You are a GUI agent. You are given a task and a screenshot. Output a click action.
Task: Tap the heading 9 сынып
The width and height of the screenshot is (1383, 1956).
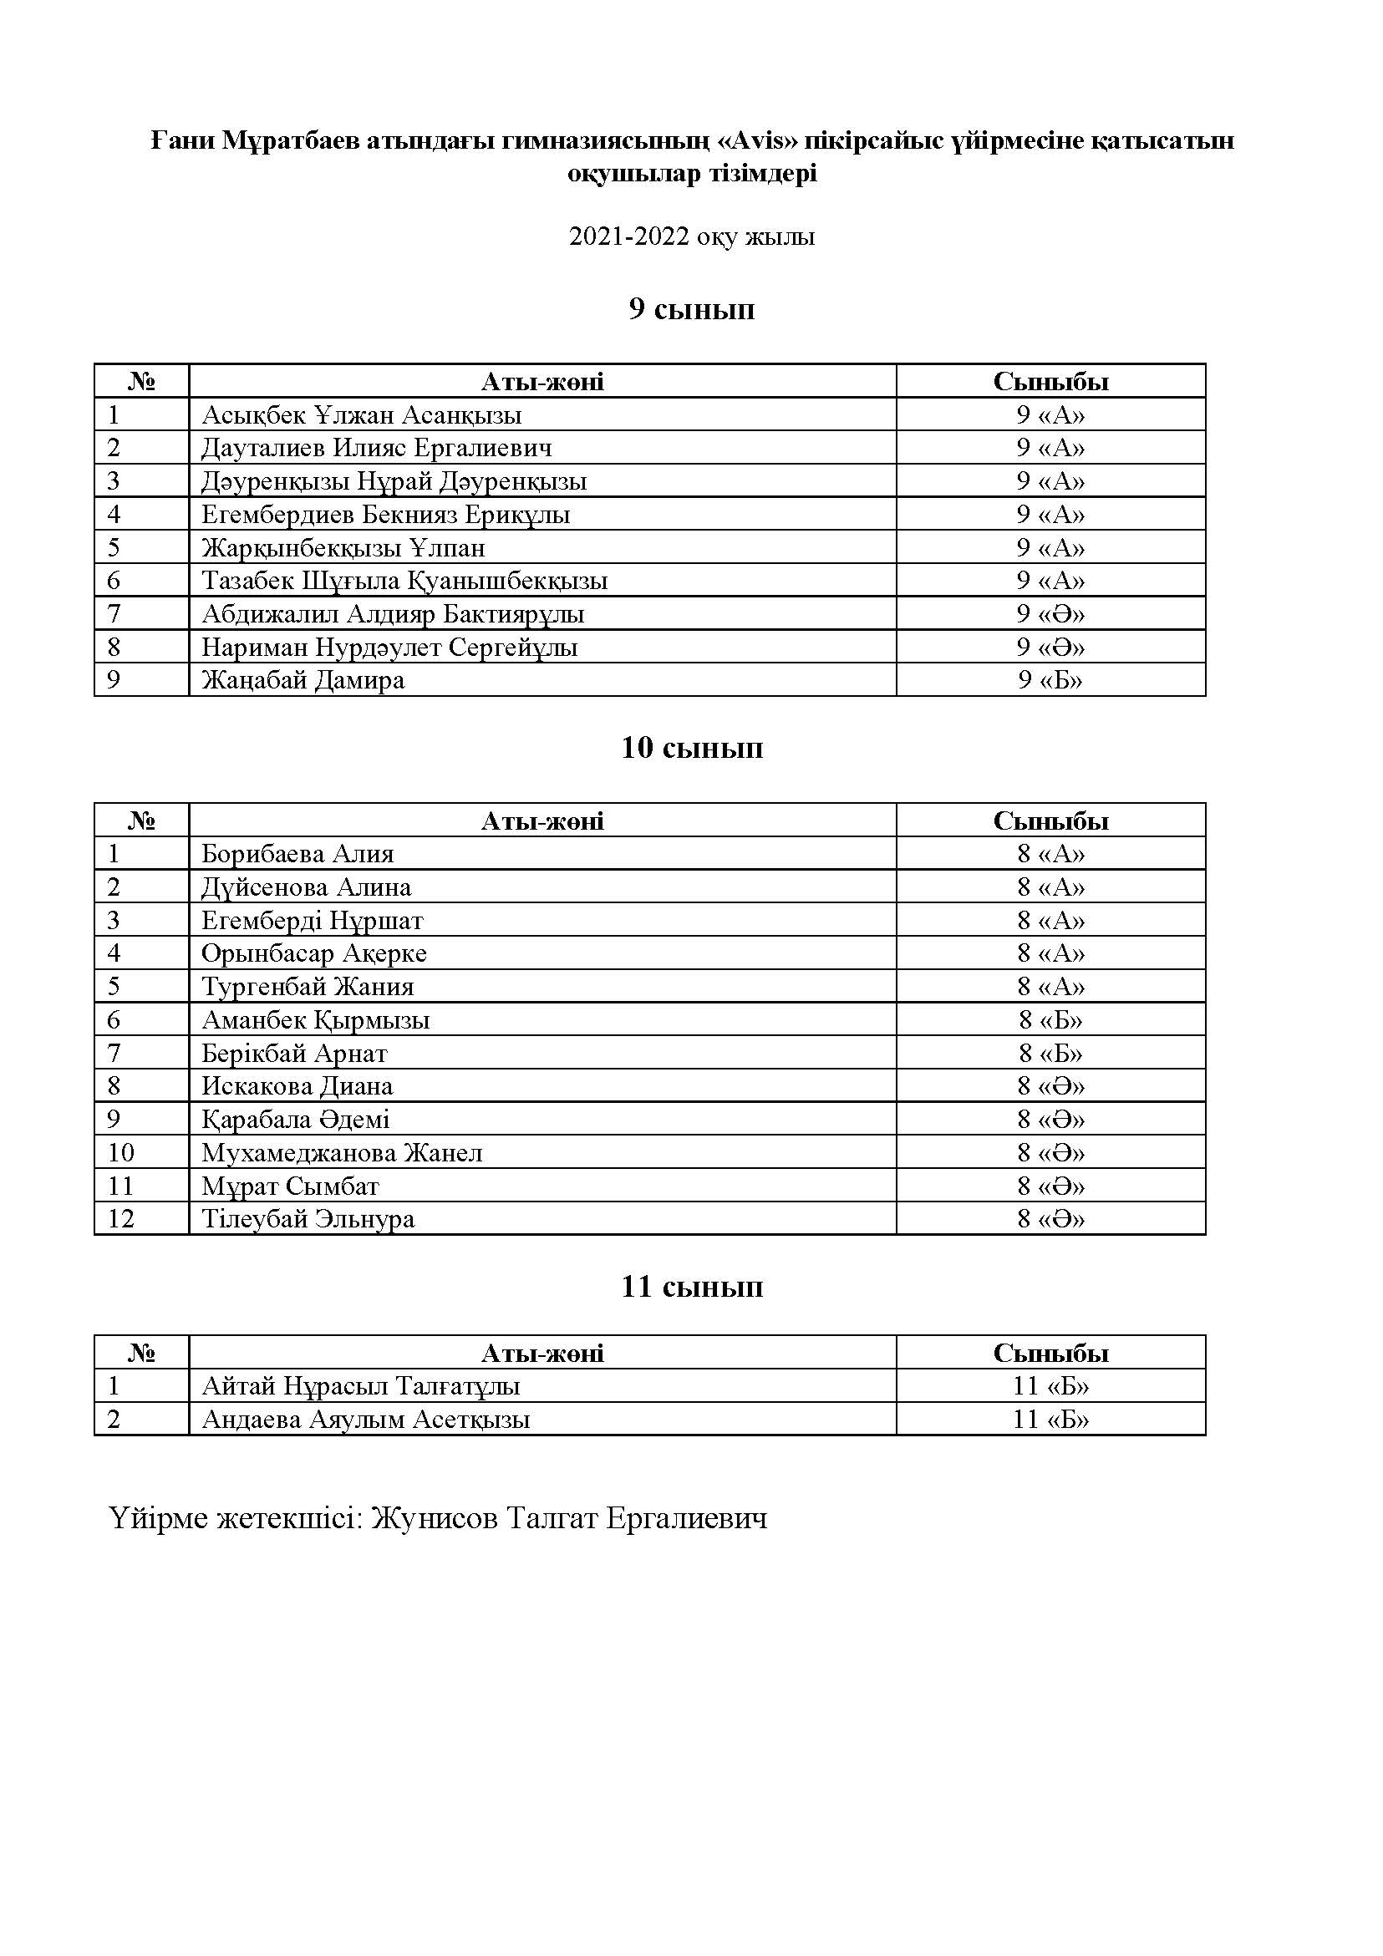[x=691, y=308]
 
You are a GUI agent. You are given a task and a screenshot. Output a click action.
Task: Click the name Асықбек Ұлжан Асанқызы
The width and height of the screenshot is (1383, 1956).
[x=361, y=415]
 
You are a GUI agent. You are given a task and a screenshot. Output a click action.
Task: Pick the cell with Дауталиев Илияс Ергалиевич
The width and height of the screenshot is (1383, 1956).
[x=377, y=447]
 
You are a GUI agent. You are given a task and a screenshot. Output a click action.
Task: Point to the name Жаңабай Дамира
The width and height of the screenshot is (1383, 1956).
[x=303, y=680]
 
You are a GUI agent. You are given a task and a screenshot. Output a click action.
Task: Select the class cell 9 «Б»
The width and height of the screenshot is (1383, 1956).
[x=1050, y=680]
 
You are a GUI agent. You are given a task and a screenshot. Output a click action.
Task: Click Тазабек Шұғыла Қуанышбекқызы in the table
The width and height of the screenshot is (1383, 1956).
[x=404, y=580]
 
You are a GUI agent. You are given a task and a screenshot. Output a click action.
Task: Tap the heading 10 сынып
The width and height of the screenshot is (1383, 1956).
[x=691, y=747]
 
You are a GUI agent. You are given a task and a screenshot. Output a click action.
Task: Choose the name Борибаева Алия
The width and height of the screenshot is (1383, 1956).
[x=297, y=854]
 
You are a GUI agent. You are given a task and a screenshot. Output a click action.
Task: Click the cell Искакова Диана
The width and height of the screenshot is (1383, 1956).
[x=297, y=1086]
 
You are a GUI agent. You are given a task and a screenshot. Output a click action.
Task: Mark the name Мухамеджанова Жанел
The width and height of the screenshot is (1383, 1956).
[x=342, y=1153]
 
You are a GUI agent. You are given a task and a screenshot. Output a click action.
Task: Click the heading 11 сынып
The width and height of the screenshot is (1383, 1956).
[x=691, y=1286]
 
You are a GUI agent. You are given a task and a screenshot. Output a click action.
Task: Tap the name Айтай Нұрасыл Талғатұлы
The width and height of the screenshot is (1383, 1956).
[x=360, y=1386]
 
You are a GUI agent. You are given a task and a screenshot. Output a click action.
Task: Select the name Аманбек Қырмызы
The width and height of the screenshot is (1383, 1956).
[x=315, y=1019]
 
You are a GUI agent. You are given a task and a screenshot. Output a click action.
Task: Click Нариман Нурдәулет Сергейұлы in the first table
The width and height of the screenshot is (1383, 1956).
[x=389, y=648]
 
